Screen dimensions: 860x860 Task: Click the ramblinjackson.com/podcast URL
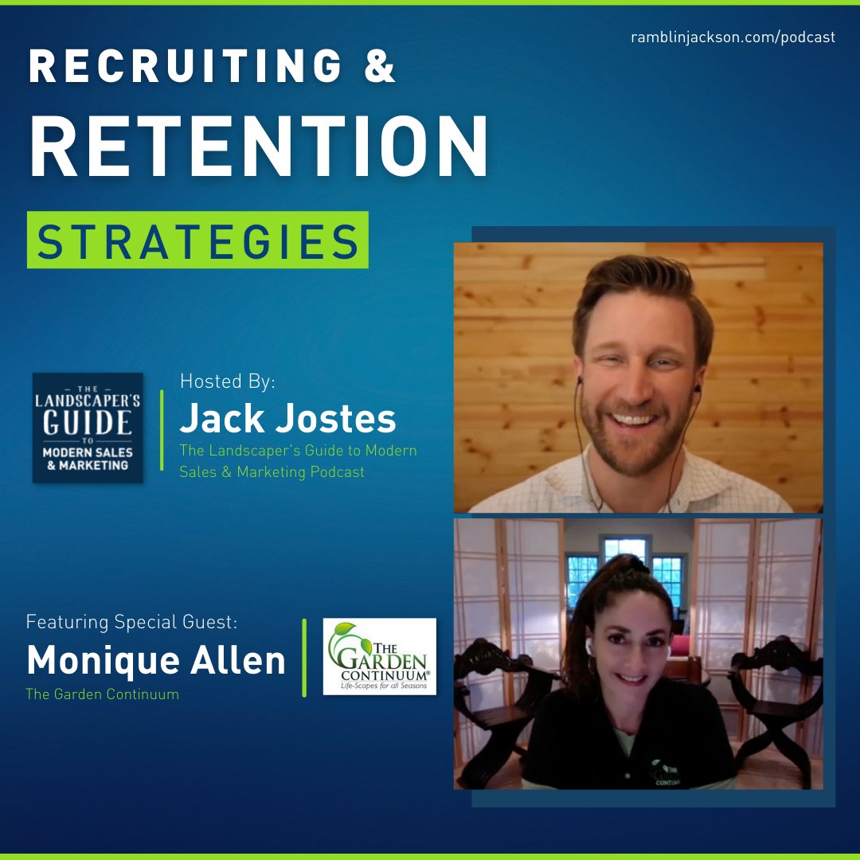(732, 37)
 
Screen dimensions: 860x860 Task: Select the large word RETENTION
(259, 147)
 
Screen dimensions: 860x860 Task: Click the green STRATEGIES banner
(197, 240)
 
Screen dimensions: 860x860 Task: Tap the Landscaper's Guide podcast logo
(88, 428)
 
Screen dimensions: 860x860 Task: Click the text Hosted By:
(228, 381)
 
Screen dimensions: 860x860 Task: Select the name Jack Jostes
(287, 419)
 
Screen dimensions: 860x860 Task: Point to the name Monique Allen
(156, 660)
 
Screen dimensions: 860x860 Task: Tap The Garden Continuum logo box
(379, 656)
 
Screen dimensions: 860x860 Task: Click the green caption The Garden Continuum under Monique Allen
(102, 694)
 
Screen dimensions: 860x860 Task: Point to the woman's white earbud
(590, 646)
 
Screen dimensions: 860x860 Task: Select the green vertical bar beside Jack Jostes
(163, 431)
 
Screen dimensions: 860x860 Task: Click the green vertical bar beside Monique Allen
(304, 657)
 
